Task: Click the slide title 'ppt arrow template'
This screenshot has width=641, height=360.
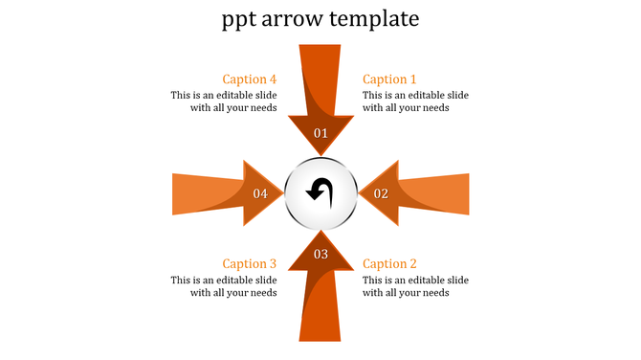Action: click(320, 19)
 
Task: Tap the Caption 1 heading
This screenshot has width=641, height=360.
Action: click(390, 79)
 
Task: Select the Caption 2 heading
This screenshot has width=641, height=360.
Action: click(390, 263)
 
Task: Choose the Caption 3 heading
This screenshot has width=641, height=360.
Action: click(250, 263)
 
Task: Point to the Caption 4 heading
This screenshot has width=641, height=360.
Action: click(250, 79)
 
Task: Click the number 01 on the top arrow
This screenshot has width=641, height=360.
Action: click(320, 133)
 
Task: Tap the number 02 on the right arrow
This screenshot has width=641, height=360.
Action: click(381, 193)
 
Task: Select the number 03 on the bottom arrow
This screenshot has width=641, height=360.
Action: click(320, 254)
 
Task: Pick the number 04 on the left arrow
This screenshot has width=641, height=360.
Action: click(260, 193)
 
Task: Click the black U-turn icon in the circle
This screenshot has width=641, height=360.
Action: click(320, 191)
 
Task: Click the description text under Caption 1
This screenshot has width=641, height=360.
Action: click(415, 101)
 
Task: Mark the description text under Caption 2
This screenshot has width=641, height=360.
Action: click(415, 286)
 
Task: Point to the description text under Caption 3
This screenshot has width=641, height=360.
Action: click(224, 286)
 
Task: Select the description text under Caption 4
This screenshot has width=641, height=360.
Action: click(224, 101)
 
